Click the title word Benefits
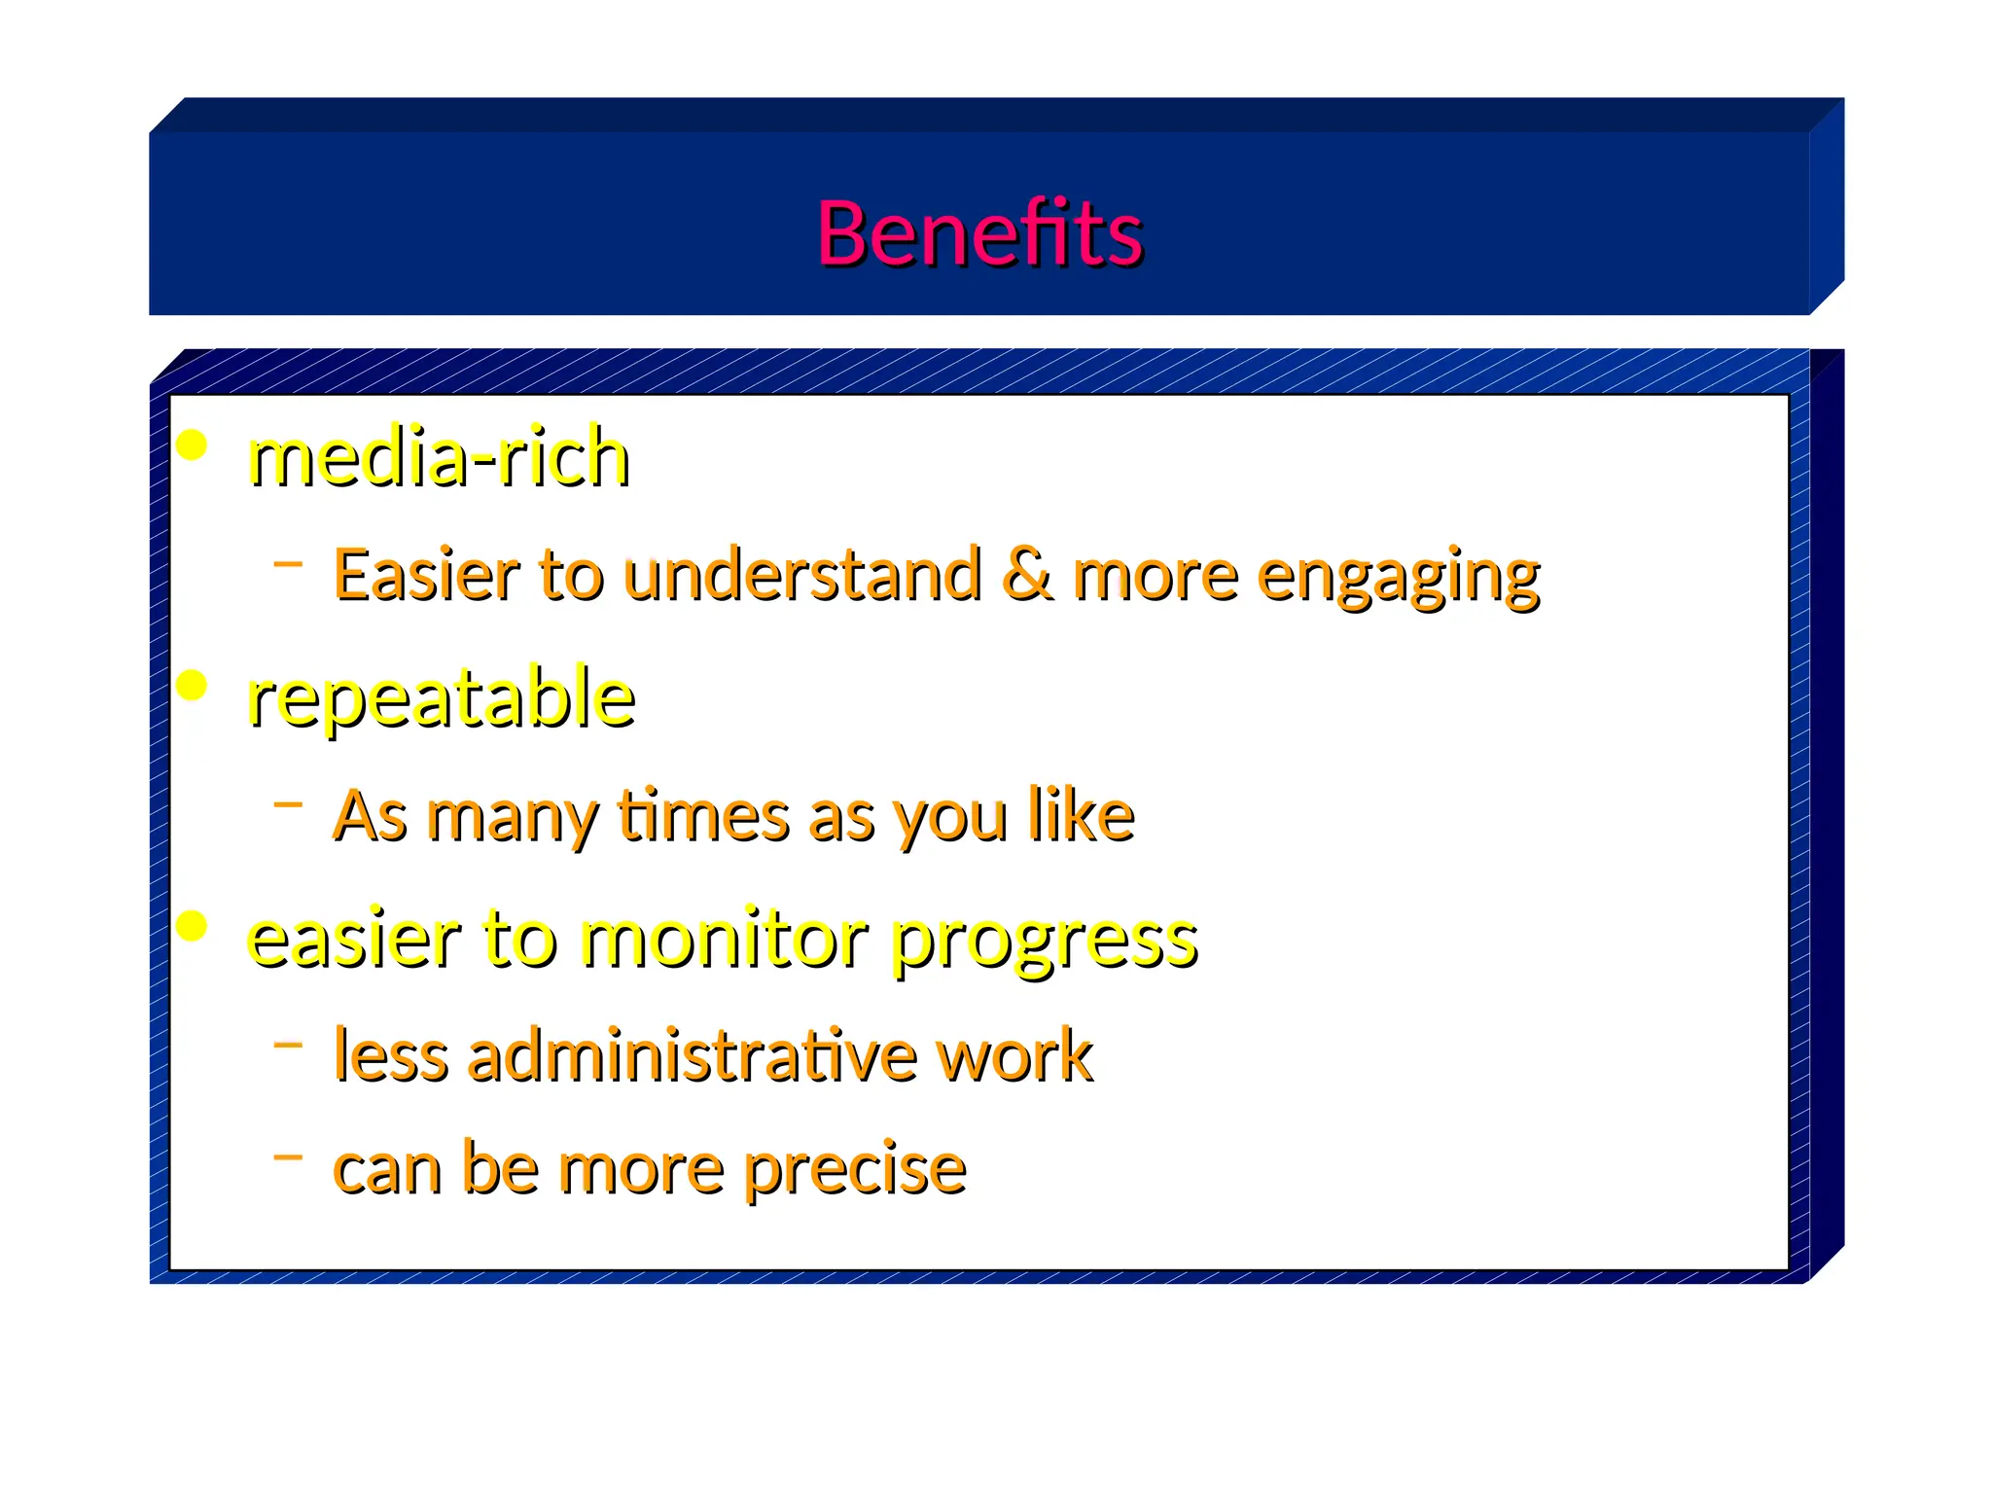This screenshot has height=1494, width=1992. [x=979, y=233]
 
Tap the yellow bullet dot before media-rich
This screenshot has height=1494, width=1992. [x=193, y=445]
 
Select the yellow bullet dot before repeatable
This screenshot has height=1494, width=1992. [x=193, y=686]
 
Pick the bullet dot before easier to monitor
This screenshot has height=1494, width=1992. [x=193, y=926]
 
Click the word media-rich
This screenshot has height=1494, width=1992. [x=439, y=457]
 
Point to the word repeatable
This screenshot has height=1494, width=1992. [x=442, y=698]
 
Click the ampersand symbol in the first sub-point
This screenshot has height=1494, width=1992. [x=1027, y=574]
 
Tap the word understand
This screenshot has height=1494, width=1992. [x=801, y=574]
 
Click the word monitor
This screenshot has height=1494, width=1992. [x=725, y=940]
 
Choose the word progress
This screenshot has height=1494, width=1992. [x=1045, y=942]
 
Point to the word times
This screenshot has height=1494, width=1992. [x=702, y=815]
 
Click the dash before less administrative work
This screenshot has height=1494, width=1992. [x=288, y=1045]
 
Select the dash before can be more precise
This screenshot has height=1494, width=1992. [x=288, y=1156]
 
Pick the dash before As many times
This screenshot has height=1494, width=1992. [x=288, y=803]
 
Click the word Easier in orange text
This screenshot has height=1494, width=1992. [x=427, y=574]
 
